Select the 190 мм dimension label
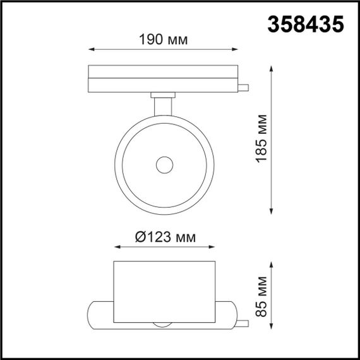(162, 40)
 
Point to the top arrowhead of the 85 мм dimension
(273, 264)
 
